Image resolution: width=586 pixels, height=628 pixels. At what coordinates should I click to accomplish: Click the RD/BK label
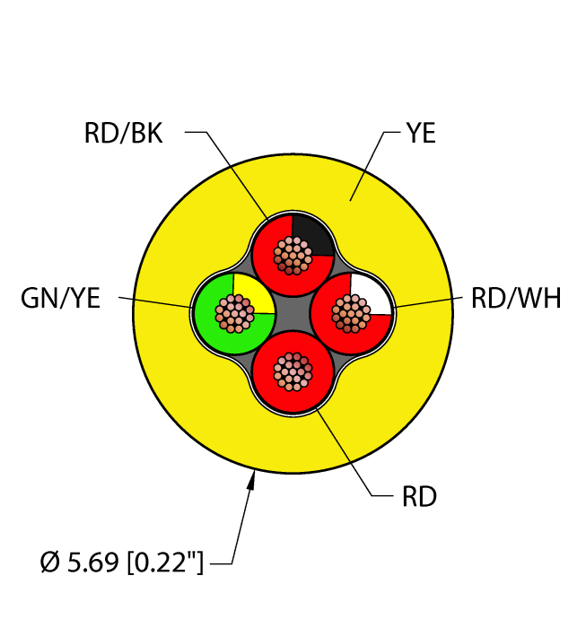point(123,134)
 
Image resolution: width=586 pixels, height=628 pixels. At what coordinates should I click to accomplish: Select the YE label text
point(420,134)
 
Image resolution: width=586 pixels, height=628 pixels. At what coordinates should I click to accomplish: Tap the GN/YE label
point(60,299)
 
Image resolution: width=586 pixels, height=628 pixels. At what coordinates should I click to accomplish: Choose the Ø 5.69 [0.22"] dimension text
point(122,563)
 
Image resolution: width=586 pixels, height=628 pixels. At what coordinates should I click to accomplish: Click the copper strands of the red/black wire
point(293,256)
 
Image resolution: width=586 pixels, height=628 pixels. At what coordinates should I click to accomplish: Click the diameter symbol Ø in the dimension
point(50,563)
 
